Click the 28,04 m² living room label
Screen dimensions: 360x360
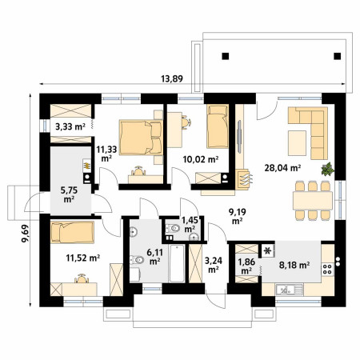pos(282,168)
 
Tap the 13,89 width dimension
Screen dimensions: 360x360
pos(172,79)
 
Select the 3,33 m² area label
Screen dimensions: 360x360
pos(70,126)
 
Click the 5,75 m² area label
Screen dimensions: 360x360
pos(69,194)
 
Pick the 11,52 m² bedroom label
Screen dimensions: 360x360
pos(83,258)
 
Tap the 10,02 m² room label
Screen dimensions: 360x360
pos(201,159)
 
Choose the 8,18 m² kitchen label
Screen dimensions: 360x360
pos(294,265)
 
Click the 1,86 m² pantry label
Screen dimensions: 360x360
pos(246,266)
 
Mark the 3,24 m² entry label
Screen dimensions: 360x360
pos(214,265)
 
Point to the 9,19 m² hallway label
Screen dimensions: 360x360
pos(237,216)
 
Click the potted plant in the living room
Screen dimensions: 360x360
pos(328,169)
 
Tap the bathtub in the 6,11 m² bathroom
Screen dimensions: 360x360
pos(177,263)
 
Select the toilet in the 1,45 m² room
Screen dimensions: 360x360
pos(173,228)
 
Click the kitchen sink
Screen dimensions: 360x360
pos(290,290)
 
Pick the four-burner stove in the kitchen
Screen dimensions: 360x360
pos(327,269)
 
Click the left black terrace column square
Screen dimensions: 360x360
pos(226,56)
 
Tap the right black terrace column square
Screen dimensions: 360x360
pos(338,56)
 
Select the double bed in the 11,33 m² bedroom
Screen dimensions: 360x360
pos(141,138)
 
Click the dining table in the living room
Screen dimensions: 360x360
pos(313,201)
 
